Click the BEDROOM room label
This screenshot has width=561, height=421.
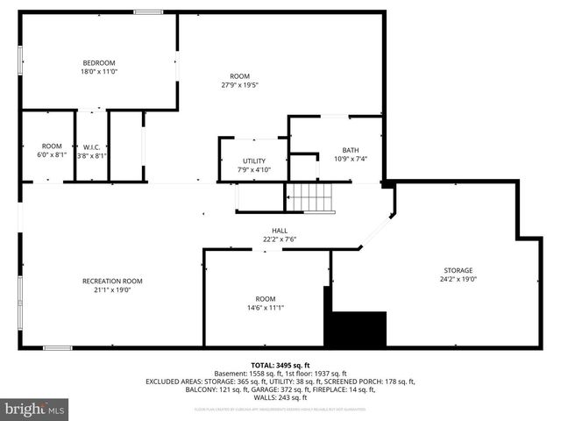(99, 62)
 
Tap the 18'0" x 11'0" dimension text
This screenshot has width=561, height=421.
(99, 71)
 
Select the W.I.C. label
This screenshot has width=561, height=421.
(91, 146)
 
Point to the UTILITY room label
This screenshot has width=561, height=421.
(253, 161)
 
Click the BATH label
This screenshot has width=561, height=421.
(350, 150)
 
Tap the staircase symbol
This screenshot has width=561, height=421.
(312, 198)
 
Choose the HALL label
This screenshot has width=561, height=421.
(279, 231)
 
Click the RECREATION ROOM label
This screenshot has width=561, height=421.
(112, 281)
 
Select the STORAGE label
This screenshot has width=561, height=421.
(458, 270)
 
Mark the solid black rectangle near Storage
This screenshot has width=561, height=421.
(356, 328)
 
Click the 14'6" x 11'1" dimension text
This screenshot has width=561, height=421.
(265, 308)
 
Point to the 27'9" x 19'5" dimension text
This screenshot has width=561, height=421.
(239, 85)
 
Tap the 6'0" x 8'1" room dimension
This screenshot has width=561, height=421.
(52, 155)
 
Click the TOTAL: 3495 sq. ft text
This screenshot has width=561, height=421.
(280, 365)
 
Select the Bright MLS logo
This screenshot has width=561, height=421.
(35, 409)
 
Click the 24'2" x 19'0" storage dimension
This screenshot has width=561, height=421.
(458, 279)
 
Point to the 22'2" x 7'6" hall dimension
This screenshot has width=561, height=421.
(279, 239)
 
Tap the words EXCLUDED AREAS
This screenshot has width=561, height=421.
(174, 382)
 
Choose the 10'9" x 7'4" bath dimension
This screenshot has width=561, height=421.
(350, 159)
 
